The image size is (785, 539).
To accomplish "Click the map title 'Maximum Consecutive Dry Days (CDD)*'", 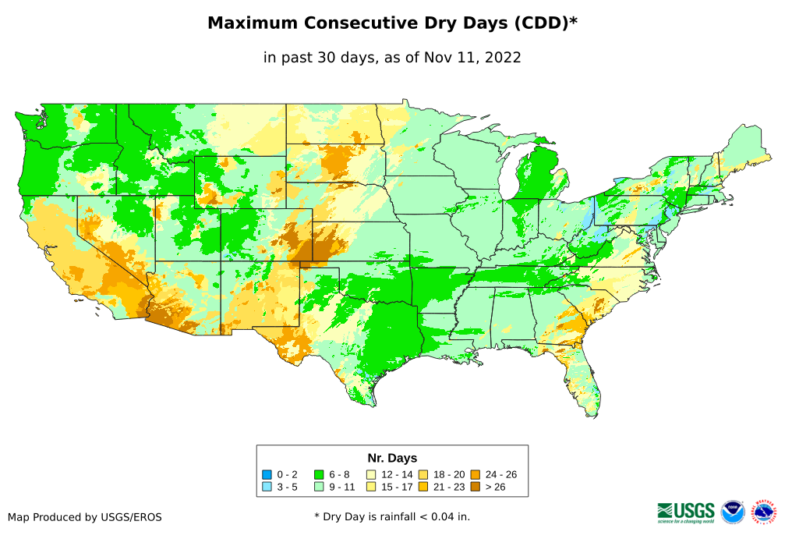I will pyautogui.click(x=392, y=23).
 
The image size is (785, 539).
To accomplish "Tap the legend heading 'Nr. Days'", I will pyautogui.click(x=392, y=458).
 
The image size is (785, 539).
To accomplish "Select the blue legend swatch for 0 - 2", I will pyautogui.click(x=267, y=474).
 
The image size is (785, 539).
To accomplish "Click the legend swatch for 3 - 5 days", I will pyautogui.click(x=267, y=487).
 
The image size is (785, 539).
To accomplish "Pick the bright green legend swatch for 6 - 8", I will pyautogui.click(x=319, y=474).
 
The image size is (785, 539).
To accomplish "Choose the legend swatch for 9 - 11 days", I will pyautogui.click(x=319, y=487).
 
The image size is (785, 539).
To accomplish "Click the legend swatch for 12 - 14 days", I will pyautogui.click(x=371, y=474).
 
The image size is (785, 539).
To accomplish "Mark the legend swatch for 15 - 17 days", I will pyautogui.click(x=371, y=487).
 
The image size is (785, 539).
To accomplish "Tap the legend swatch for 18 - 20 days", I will pyautogui.click(x=423, y=474).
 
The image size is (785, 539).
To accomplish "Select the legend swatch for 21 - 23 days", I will pyautogui.click(x=423, y=487).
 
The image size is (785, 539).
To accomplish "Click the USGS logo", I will pyautogui.click(x=686, y=512).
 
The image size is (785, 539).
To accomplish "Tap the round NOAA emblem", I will pyautogui.click(x=733, y=512).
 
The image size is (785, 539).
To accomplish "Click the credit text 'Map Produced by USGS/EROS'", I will pyautogui.click(x=85, y=517).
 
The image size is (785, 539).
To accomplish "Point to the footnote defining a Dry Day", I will pyautogui.click(x=392, y=516).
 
